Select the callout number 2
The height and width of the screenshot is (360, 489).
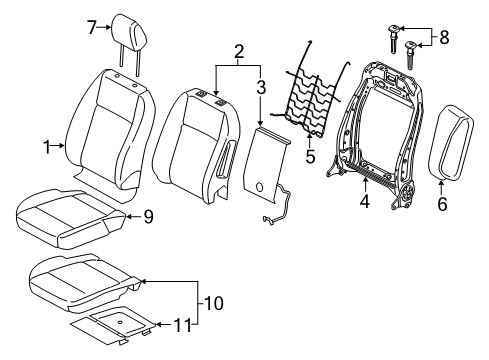237,51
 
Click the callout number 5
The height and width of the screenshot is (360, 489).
309,156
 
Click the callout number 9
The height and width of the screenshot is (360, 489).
147,214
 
